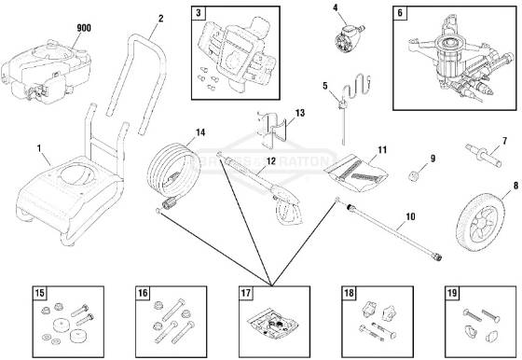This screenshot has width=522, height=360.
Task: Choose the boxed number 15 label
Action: coord(40,294)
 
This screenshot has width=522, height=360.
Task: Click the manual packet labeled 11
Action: coord(358,169)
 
